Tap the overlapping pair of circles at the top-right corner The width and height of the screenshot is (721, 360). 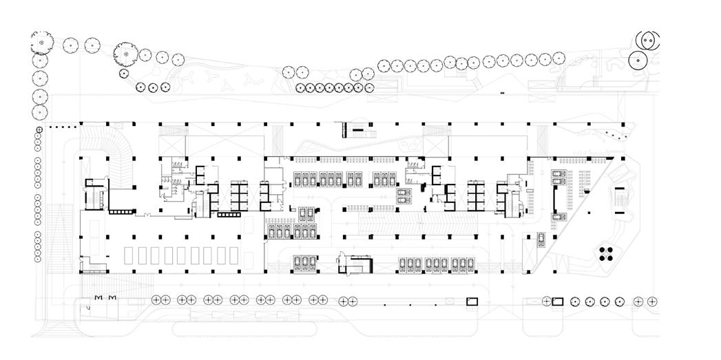point(647,41)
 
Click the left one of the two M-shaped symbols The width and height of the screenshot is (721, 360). point(98,297)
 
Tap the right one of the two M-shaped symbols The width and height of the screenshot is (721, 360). point(112,297)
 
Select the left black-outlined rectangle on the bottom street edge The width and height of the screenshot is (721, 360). point(472,301)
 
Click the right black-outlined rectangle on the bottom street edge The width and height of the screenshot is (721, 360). point(558,301)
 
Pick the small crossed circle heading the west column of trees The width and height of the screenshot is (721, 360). point(40,129)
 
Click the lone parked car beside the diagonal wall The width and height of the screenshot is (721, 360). point(542,239)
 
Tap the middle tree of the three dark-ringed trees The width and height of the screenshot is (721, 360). point(153,87)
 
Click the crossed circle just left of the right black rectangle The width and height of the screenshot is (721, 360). point(546,301)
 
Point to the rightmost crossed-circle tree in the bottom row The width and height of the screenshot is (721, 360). point(652,301)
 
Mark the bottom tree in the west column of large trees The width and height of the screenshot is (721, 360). point(40,112)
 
